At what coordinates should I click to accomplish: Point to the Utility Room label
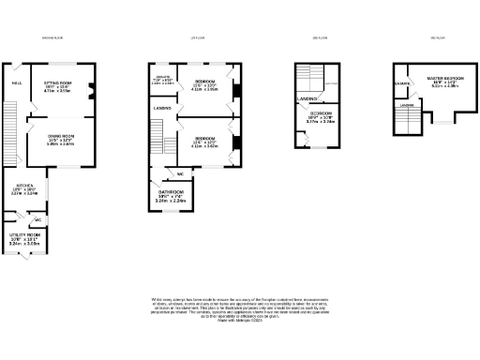pos(24,237)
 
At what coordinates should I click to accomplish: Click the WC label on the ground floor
pos(37,220)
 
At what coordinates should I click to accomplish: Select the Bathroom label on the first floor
pos(172,191)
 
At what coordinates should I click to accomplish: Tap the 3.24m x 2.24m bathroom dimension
pos(172,201)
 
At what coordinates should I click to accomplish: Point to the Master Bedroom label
pos(445,79)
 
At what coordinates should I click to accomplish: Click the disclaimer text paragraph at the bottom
pos(240,309)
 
